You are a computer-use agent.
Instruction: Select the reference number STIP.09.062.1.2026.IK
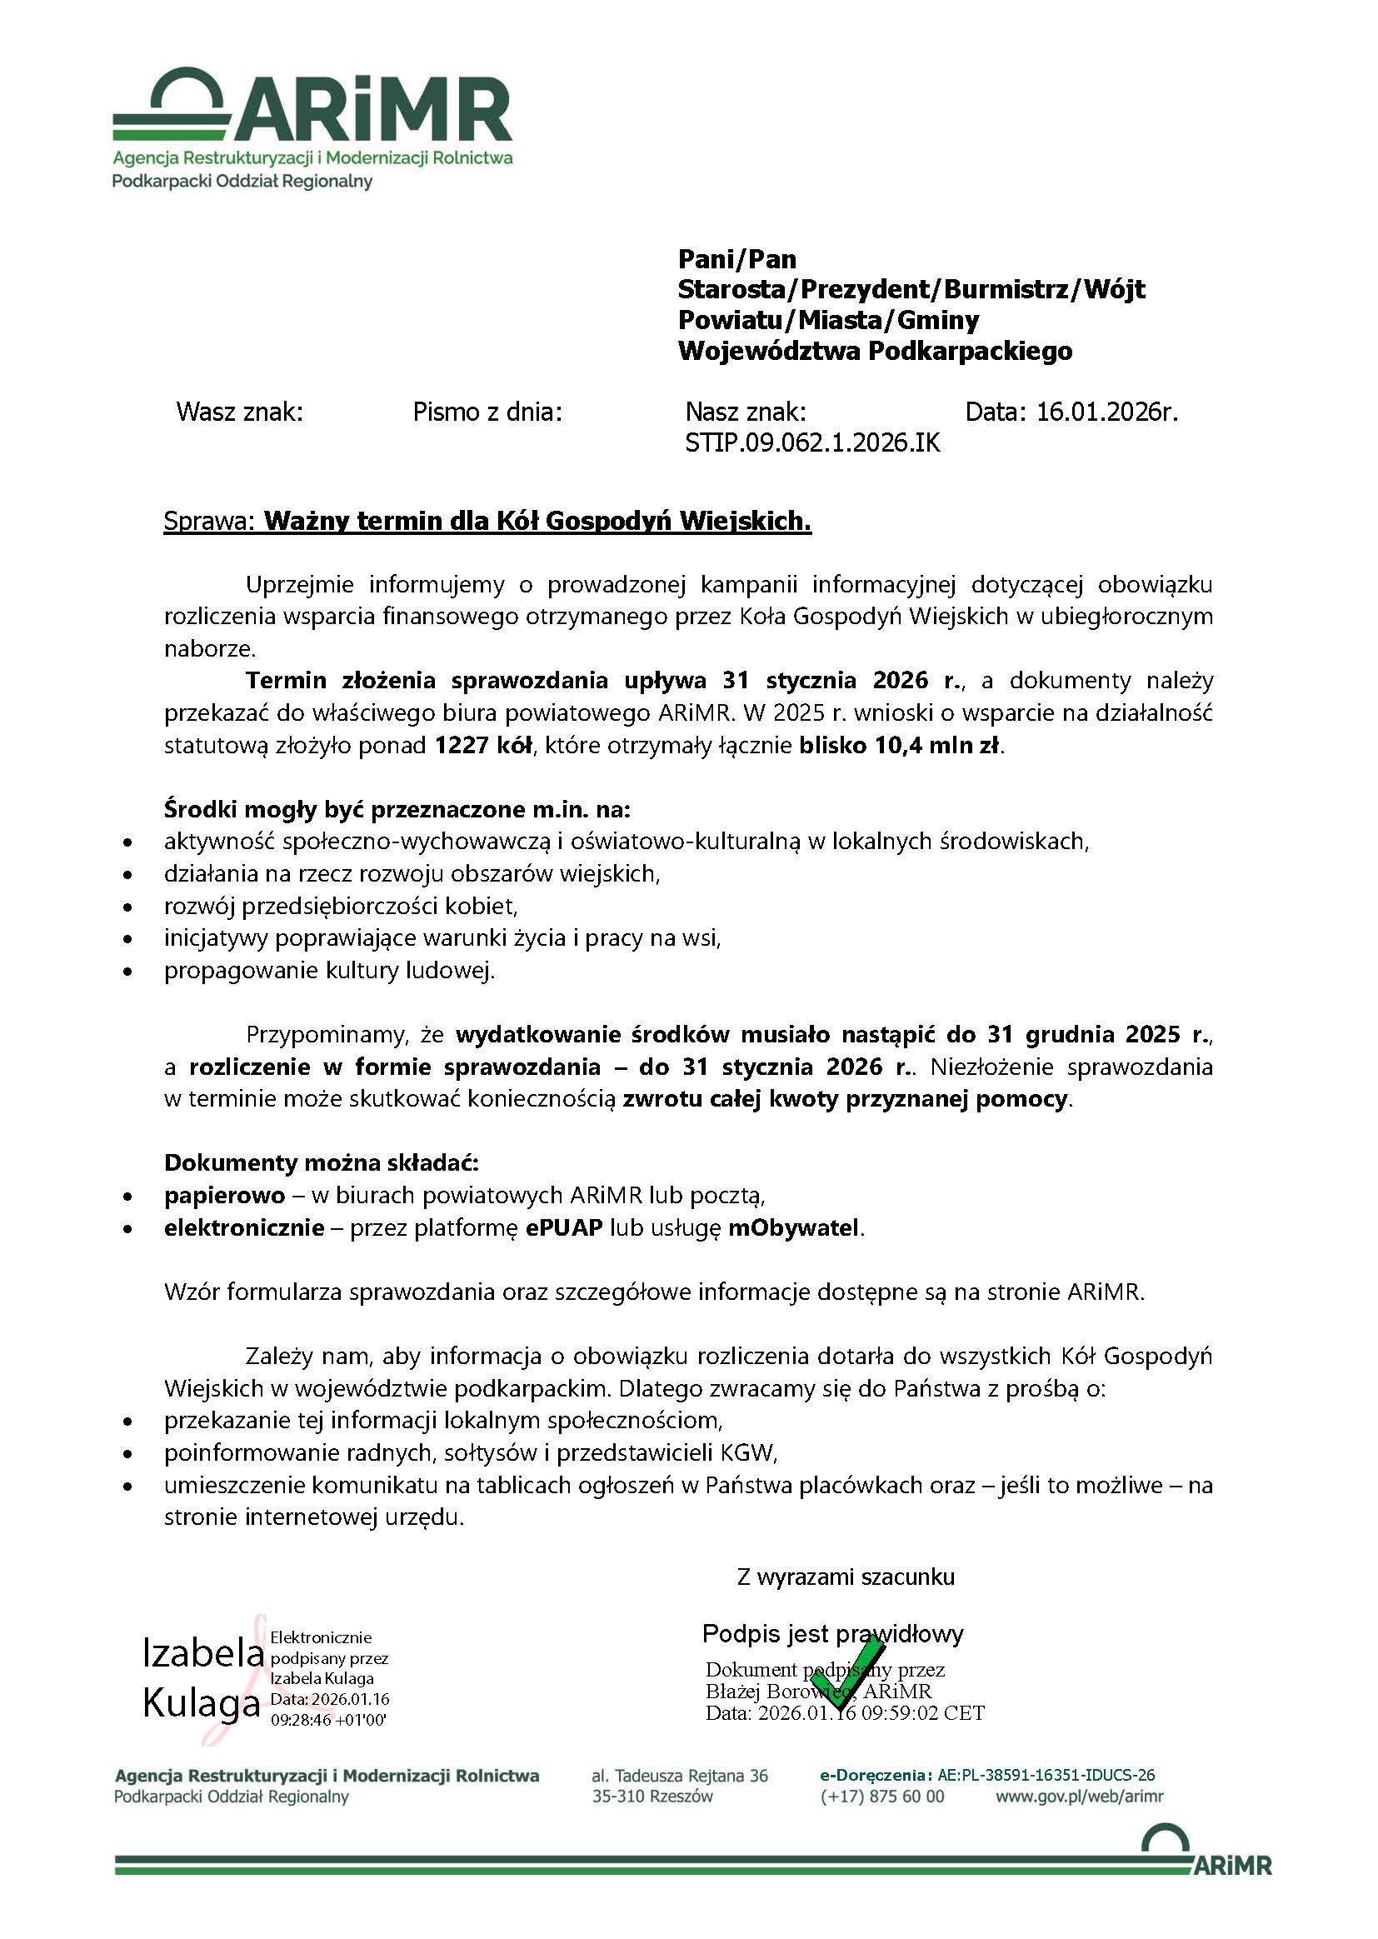point(812,443)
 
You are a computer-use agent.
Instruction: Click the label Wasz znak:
point(239,412)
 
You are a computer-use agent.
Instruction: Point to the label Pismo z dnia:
point(487,412)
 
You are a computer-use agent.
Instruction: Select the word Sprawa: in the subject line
point(209,521)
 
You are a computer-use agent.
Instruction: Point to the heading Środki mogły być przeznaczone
point(397,810)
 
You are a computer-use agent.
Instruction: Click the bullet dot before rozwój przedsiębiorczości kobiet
point(127,908)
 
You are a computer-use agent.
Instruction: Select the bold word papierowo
point(224,1196)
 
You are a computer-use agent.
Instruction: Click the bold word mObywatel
point(792,1228)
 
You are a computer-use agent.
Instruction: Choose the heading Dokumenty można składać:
point(322,1162)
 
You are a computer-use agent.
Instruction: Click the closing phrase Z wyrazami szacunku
point(845,1577)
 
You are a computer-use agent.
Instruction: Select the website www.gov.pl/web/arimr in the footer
point(1079,1797)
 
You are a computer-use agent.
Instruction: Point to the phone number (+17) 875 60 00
point(881,1797)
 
